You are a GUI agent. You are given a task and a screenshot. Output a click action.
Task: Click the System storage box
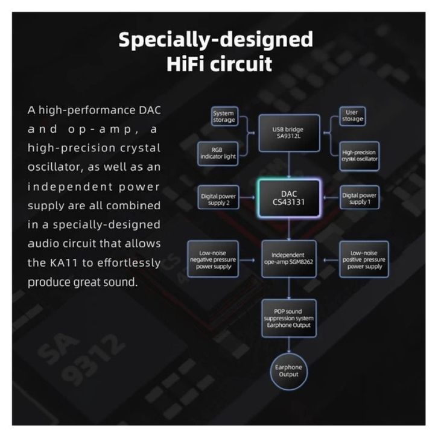tap(223, 116)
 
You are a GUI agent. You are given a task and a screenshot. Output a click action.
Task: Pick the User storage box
tap(353, 116)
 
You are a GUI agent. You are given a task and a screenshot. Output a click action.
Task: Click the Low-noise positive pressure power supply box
tap(363, 259)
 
